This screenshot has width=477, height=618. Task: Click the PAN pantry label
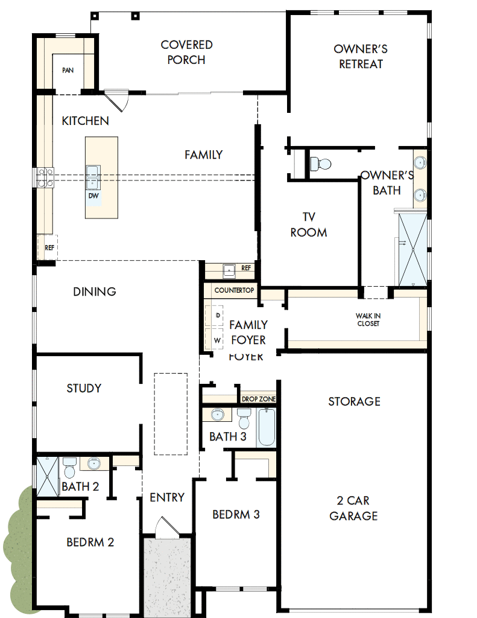(68, 71)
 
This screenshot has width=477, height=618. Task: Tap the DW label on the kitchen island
(93, 196)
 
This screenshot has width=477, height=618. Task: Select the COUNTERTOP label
(234, 290)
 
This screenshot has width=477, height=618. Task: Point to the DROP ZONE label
(259, 400)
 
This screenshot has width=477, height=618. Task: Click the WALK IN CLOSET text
(368, 320)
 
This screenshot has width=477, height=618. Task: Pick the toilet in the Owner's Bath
(320, 164)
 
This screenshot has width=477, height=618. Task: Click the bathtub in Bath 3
(267, 427)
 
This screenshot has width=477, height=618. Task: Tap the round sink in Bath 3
(218, 415)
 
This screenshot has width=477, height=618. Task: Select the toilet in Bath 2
(69, 466)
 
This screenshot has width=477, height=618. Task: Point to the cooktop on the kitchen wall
(43, 178)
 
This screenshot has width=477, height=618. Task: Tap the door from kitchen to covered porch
(118, 100)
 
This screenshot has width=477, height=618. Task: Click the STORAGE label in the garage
(354, 401)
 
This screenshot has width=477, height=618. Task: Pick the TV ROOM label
(308, 225)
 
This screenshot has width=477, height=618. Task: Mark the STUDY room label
(84, 388)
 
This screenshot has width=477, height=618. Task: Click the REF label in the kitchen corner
(49, 247)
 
